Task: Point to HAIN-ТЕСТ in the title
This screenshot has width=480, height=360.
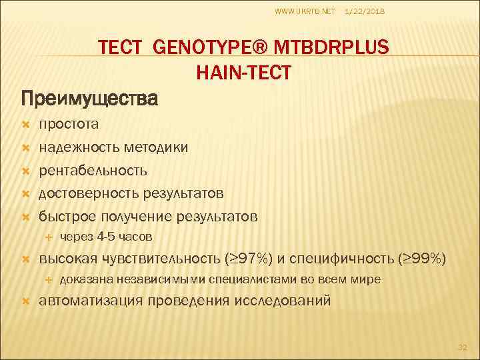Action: pos(244,72)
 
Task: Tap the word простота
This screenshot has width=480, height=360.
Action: pos(69,124)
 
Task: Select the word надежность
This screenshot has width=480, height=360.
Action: pos(79,147)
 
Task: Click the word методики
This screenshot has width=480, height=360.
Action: pos(155,147)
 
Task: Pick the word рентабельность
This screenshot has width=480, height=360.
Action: pos(93,171)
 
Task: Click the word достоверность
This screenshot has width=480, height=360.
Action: pos(88,193)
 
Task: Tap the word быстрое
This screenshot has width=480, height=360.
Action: pos(67,217)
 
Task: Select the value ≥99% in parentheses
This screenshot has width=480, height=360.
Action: pos(424,259)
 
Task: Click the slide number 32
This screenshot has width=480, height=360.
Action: pos(463,347)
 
